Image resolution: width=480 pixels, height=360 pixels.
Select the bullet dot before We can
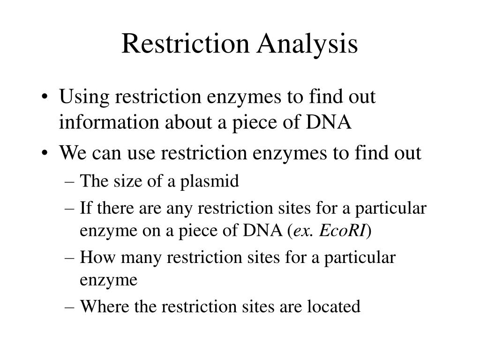point(48,153)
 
